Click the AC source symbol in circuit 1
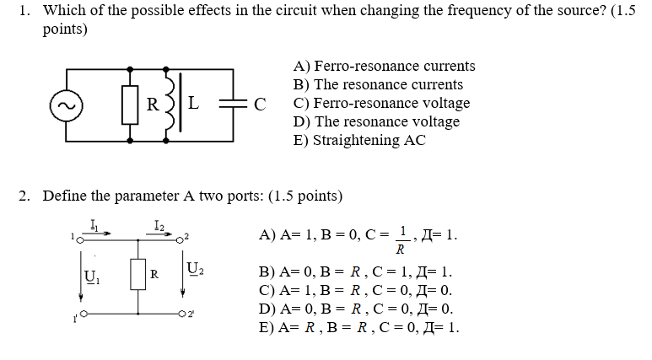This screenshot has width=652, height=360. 64,105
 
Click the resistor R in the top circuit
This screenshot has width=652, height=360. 131,105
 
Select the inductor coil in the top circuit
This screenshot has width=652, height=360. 175,104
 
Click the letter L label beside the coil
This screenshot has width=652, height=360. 192,104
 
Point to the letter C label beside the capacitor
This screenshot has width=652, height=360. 260,105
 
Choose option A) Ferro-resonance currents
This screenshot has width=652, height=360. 384,66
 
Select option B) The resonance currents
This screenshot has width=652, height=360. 378,84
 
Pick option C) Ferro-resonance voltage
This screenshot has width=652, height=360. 381,103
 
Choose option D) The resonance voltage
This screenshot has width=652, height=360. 376,121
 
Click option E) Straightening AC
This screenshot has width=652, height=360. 359,140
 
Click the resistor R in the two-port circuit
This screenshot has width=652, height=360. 138,274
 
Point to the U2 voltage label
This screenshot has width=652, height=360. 195,271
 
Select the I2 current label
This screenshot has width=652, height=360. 159,225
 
